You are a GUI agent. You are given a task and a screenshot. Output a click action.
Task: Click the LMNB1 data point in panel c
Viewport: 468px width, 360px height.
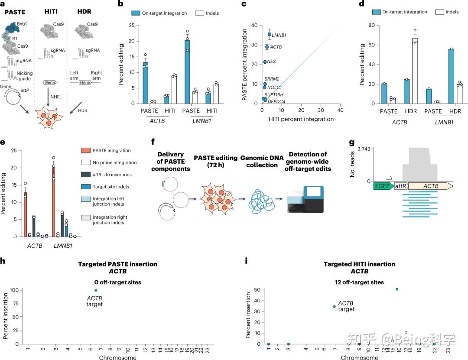pos(269,34)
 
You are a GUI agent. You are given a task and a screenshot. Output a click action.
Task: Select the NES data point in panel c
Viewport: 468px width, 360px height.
pos(265,62)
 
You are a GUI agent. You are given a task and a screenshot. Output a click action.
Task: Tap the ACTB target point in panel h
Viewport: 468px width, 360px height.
pos(96,290)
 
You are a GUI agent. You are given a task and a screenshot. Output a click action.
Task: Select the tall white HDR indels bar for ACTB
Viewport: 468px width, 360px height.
pos(415,71)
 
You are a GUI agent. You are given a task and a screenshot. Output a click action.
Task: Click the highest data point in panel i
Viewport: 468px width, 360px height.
pos(397,289)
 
